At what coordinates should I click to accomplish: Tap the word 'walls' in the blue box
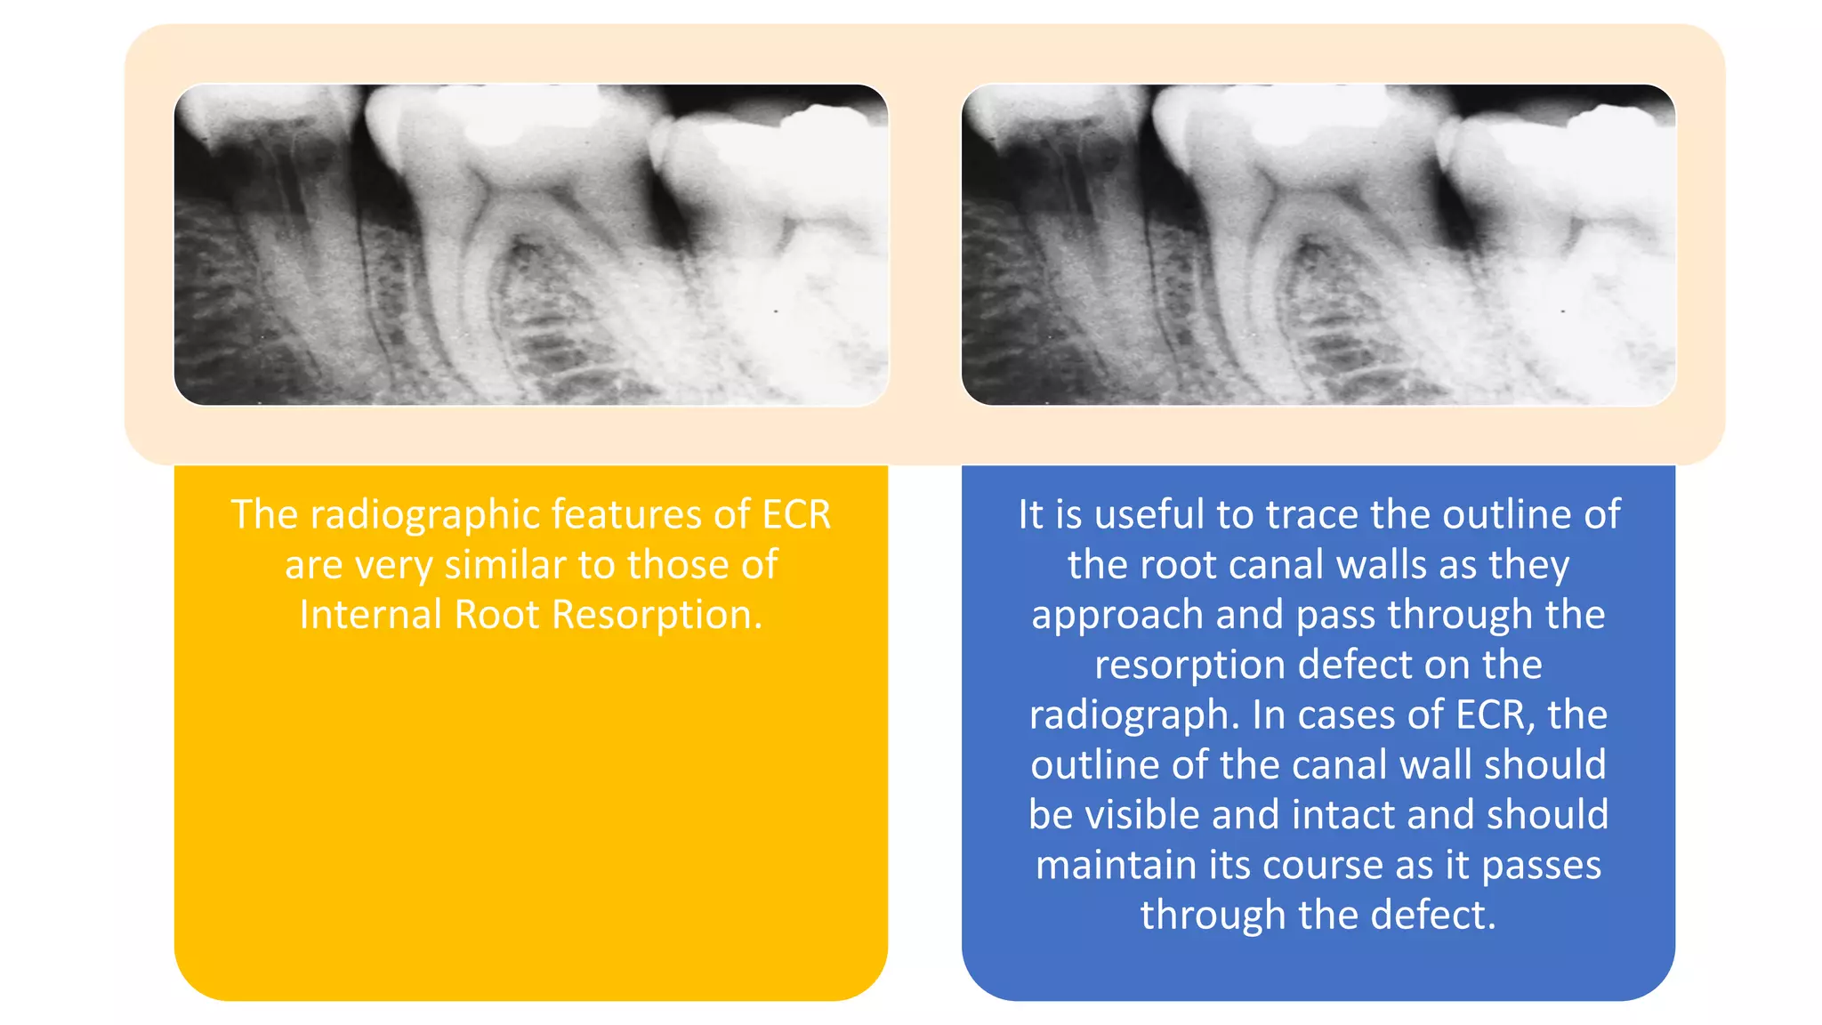click(x=1392, y=565)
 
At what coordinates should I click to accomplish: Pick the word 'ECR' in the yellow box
click(x=796, y=515)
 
